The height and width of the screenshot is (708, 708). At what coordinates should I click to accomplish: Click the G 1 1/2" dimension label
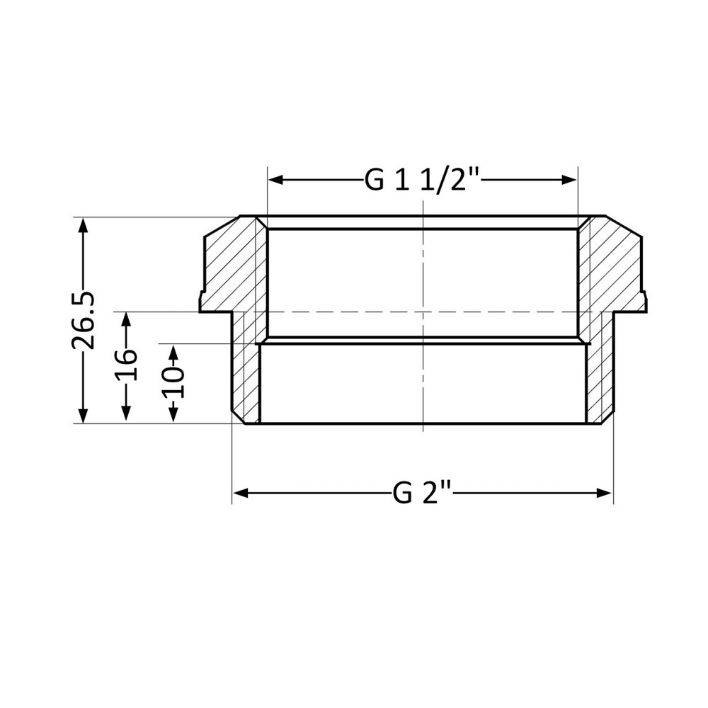click(423, 181)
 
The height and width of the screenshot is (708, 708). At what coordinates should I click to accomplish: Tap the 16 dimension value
click(126, 365)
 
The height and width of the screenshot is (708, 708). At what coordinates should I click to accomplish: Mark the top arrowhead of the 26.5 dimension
click(84, 225)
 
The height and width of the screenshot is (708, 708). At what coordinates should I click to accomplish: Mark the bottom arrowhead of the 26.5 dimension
click(84, 416)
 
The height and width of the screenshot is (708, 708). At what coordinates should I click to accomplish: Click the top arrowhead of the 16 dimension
click(126, 319)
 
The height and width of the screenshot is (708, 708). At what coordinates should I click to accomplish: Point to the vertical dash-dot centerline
click(423, 269)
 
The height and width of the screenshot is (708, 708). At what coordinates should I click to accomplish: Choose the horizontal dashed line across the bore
click(423, 312)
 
